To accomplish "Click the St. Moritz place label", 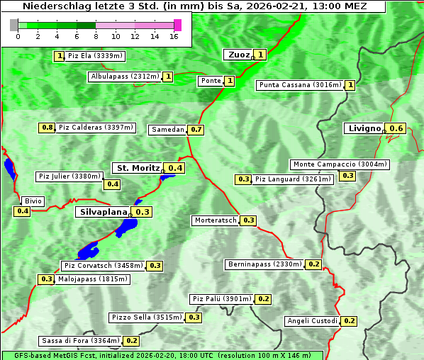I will [x=138, y=168].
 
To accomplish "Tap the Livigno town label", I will [x=364, y=128].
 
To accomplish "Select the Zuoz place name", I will [x=237, y=55].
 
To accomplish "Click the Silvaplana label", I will [x=104, y=212].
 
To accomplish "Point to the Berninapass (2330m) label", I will [x=265, y=264].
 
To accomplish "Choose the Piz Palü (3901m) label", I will [x=221, y=299].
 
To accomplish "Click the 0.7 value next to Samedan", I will [x=196, y=130].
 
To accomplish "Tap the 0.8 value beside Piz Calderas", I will [x=47, y=128].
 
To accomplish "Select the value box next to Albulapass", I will [x=168, y=77].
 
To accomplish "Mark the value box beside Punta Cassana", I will [x=350, y=85].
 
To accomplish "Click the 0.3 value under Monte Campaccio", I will [x=347, y=176].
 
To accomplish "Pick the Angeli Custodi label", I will [x=313, y=321].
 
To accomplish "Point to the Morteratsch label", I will [x=216, y=220].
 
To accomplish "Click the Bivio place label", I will [x=33, y=201].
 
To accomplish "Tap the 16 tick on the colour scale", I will [x=174, y=36].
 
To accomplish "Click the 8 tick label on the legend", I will [x=96, y=36].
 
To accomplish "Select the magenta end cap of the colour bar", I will [x=177, y=25].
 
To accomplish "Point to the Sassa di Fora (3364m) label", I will [x=80, y=341].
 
